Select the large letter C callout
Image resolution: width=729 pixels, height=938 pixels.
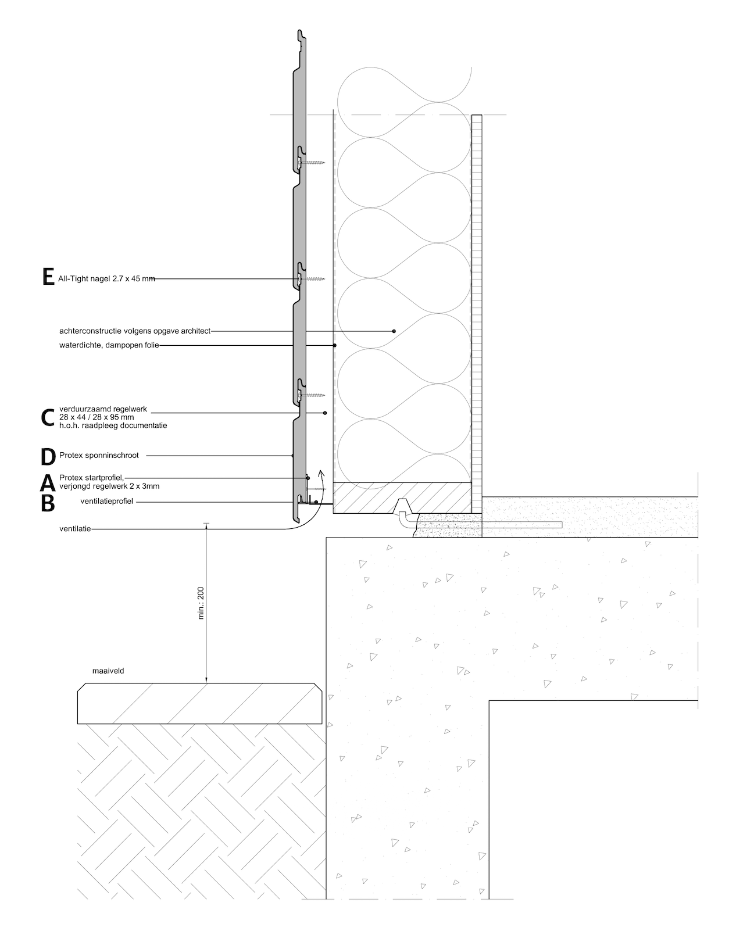[x=48, y=417]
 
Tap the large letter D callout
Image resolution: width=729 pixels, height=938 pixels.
[x=48, y=457]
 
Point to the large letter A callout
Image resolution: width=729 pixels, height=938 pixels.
[x=48, y=483]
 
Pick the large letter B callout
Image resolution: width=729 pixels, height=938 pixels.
[x=48, y=503]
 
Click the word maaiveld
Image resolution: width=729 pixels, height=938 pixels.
[x=108, y=671]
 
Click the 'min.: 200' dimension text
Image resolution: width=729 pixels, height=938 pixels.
[x=201, y=603]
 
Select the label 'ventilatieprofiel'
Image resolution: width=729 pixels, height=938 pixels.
[x=106, y=502]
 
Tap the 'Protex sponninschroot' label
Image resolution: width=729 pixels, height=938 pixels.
[x=99, y=456]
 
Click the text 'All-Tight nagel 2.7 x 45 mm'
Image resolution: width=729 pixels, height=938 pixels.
[x=106, y=279]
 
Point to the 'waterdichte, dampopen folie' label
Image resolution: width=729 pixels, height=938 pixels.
[x=109, y=345]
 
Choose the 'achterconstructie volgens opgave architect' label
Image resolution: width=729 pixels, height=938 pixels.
[x=135, y=331]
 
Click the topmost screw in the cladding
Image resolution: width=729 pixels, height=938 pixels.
[x=311, y=163]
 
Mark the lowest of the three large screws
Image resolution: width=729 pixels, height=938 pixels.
[x=311, y=395]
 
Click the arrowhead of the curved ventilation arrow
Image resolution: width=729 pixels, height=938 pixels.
[x=321, y=472]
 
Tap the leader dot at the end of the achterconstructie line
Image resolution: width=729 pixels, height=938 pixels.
[x=394, y=331]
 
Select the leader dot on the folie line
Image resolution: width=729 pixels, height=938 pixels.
[x=335, y=345]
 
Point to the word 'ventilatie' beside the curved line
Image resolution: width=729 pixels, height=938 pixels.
[x=75, y=529]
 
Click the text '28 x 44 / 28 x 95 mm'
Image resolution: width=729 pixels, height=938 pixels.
[x=97, y=417]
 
